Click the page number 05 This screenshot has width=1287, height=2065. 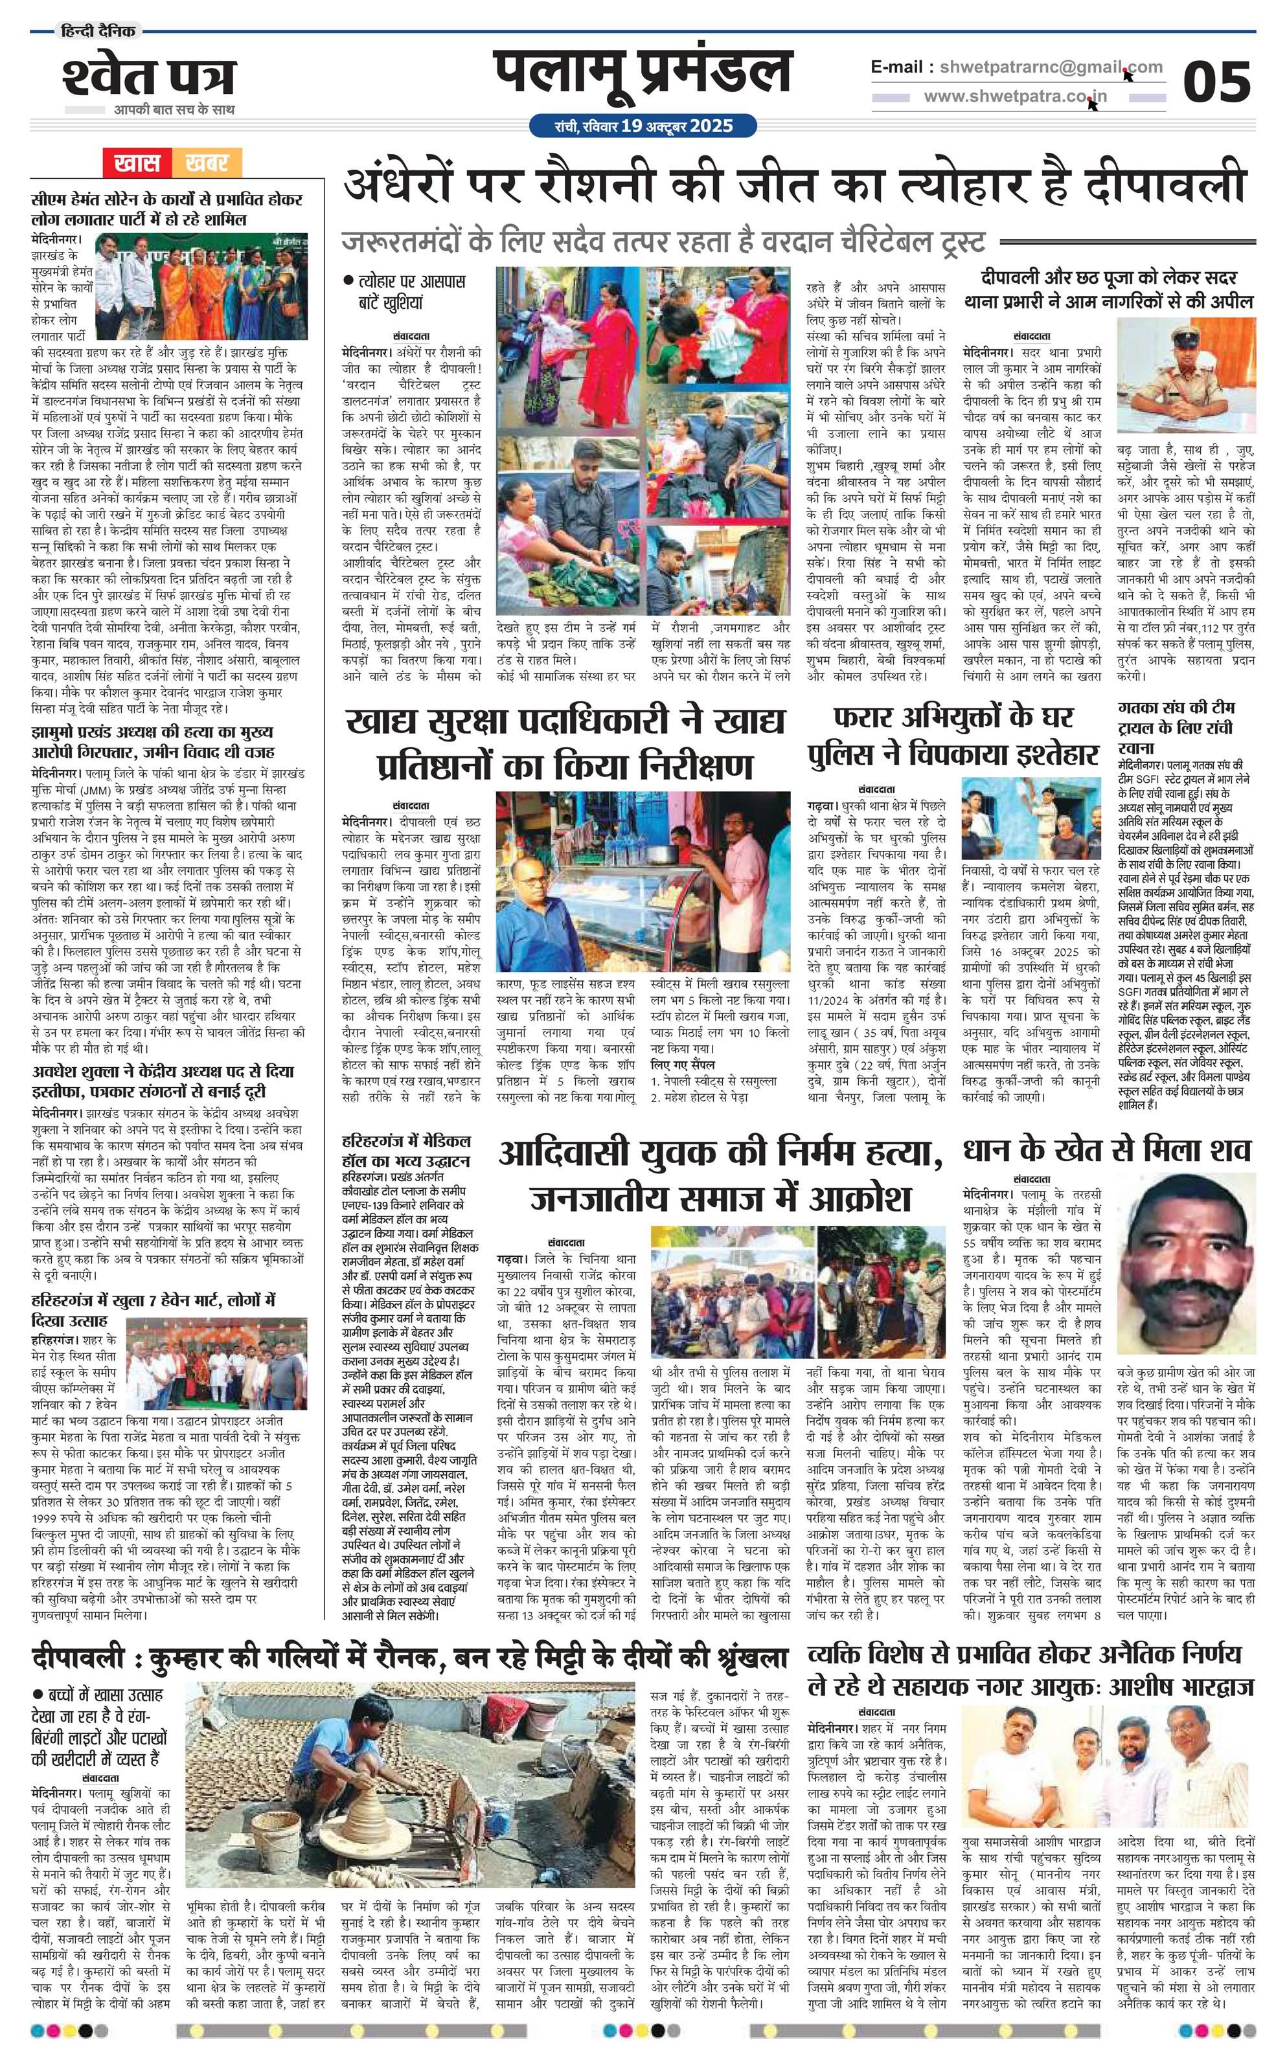(1216, 82)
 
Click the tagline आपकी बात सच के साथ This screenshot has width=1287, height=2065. (174, 110)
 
